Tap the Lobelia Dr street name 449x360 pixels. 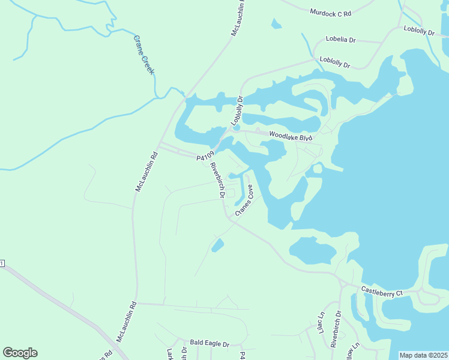(341, 40)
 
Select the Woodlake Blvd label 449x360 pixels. (291, 136)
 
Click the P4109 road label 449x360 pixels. (205, 157)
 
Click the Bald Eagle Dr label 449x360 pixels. (209, 344)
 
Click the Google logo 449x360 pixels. (20, 353)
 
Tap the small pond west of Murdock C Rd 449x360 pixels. (276, 24)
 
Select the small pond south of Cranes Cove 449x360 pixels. (217, 245)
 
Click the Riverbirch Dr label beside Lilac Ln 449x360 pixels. (336, 329)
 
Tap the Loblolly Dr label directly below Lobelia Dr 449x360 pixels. (334, 60)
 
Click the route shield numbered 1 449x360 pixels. (2, 263)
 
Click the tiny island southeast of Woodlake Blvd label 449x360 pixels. (317, 169)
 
